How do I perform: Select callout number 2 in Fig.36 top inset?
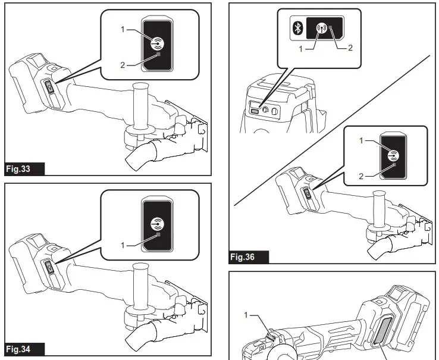[350, 48]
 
